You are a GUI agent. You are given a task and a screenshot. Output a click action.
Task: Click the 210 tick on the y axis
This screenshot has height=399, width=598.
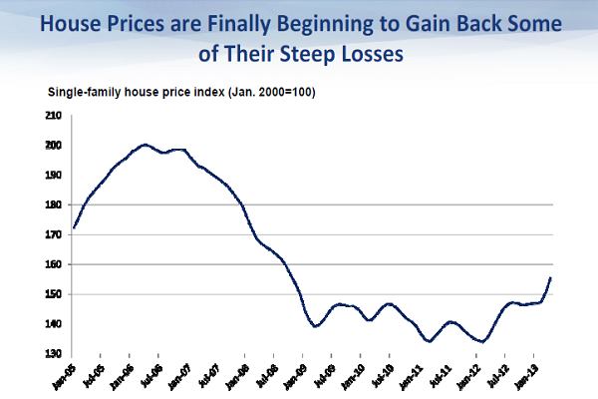(54, 116)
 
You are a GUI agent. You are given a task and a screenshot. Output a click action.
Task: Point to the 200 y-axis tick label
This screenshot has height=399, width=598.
(54, 146)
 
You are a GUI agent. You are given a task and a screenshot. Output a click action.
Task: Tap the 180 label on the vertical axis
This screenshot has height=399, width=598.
(54, 204)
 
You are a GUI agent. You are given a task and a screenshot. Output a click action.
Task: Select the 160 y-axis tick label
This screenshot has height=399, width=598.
(54, 264)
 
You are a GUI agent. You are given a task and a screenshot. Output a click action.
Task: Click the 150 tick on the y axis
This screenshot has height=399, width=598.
(54, 294)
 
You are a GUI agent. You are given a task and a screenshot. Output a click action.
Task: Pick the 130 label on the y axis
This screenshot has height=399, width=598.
(54, 354)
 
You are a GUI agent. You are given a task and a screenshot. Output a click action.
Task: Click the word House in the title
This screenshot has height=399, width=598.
(73, 22)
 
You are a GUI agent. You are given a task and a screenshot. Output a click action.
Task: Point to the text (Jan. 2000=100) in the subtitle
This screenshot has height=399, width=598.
(267, 92)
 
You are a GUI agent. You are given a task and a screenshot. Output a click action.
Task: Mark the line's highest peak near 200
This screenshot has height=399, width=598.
(146, 145)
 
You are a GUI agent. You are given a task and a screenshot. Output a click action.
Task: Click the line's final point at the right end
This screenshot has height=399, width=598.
(551, 277)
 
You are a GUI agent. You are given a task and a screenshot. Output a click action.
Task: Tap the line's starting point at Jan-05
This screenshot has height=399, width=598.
(74, 228)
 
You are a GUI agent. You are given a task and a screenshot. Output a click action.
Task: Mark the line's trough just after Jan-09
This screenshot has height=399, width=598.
(316, 326)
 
